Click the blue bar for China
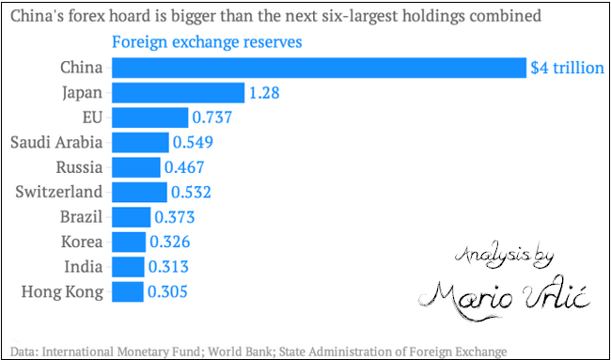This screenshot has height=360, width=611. coord(319,68)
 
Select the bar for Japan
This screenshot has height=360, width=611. coord(178,92)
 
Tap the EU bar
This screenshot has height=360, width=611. coord(149,117)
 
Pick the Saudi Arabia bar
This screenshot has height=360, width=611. coord(140,142)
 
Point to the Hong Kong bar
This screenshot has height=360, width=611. coord(128,291)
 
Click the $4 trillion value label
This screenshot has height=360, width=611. coord(567,68)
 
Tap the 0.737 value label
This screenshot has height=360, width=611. coord(211,117)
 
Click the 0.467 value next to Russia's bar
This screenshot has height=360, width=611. coord(183,167)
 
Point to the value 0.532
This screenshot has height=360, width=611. coord(190,193)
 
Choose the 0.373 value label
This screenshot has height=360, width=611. coord(175,217)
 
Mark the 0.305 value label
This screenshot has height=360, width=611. coord(167,291)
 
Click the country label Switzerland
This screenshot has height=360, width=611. coord(59,193)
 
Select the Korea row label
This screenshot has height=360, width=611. coord(80,242)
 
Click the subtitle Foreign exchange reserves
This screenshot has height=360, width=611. coord(208,43)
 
